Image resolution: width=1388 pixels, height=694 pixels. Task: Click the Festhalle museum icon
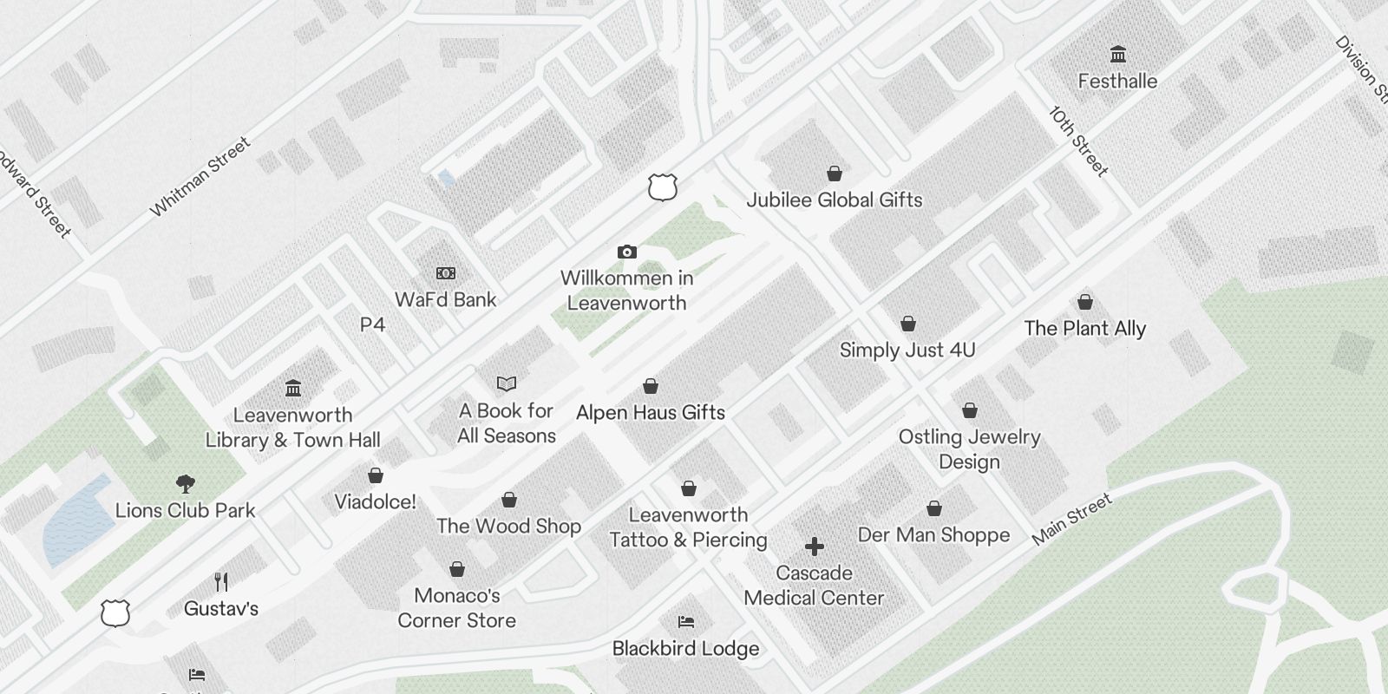click(1118, 54)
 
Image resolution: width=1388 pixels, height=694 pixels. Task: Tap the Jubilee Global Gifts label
click(835, 200)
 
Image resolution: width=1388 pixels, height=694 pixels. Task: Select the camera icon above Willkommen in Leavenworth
click(626, 252)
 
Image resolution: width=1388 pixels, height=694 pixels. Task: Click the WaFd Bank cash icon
click(446, 273)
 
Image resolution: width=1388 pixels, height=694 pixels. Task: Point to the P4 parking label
click(372, 324)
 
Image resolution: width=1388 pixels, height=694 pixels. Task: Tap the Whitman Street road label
click(200, 177)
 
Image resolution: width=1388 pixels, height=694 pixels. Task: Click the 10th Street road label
click(1078, 141)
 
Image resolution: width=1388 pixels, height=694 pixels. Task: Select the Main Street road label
click(1071, 520)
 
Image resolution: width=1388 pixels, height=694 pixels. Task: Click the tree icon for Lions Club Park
click(185, 483)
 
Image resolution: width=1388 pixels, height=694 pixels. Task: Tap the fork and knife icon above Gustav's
click(221, 581)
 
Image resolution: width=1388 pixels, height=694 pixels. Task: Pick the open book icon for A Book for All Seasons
click(507, 383)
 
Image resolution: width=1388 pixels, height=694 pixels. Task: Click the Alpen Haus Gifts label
click(651, 412)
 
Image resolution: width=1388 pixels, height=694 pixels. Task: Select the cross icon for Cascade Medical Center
click(814, 547)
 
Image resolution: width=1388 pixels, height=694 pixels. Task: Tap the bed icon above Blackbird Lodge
click(685, 622)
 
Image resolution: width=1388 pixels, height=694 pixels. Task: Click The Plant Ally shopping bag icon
click(1084, 302)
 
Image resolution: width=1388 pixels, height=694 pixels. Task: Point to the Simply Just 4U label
click(907, 350)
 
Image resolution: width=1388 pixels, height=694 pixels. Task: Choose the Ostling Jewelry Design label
click(969, 448)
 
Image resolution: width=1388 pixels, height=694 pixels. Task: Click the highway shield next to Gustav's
click(115, 612)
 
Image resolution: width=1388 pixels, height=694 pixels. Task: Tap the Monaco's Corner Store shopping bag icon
click(457, 569)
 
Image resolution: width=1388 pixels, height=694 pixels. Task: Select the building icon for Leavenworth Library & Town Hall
click(293, 388)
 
